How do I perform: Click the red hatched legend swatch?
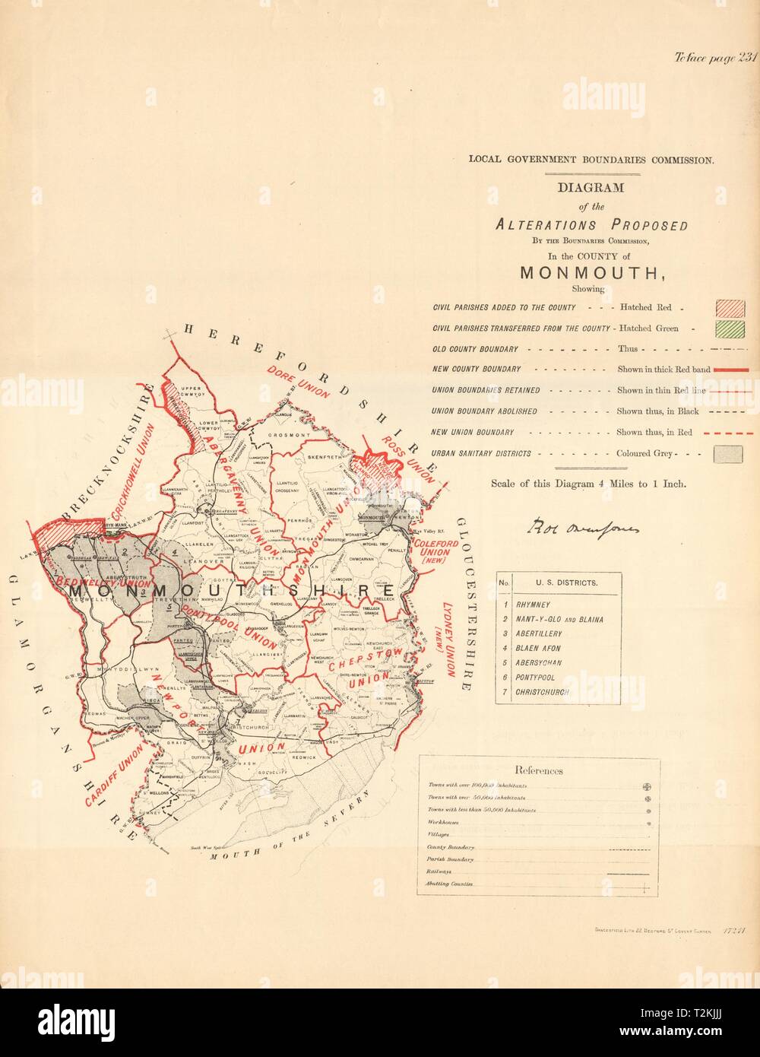coord(727,308)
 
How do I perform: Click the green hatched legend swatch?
coord(727,329)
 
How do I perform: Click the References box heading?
coord(538,770)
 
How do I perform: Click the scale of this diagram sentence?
coord(589,483)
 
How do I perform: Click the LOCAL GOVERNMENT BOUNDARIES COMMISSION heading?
coord(591,160)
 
